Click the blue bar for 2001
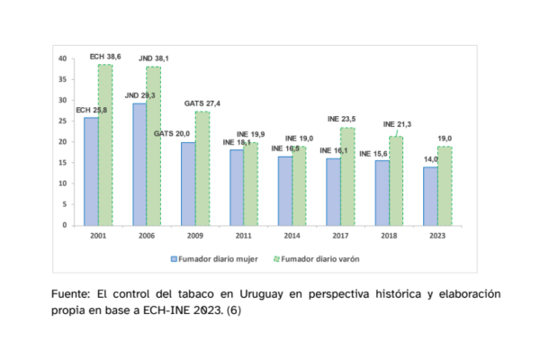click(x=92, y=171)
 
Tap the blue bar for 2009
click(x=187, y=184)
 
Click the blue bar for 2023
click(x=430, y=195)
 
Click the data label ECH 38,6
click(x=107, y=56)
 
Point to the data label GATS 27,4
click(x=202, y=103)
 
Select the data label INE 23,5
click(x=342, y=118)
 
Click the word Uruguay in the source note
click(x=257, y=295)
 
